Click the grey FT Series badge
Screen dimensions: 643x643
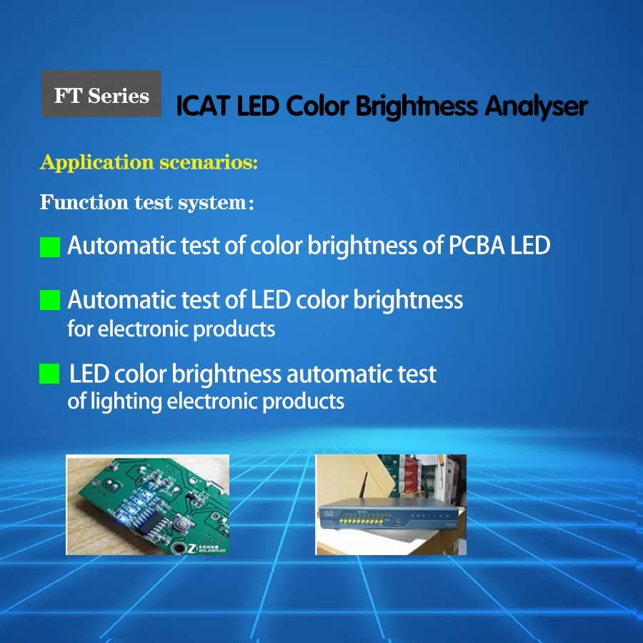coord(101,94)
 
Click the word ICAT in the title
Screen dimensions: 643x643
coord(202,106)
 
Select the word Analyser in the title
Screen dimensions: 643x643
coord(536,106)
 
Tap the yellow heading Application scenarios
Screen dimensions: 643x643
coord(149,162)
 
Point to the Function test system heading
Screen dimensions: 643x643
coord(146,202)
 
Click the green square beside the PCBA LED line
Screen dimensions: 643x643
coord(50,247)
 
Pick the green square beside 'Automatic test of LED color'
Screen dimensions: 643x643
coord(50,300)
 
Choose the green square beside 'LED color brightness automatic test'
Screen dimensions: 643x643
coord(49,374)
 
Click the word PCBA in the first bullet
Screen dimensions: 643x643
coord(477,246)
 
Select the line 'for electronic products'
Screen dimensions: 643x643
coord(171,329)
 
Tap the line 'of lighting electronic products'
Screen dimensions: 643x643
coord(206,401)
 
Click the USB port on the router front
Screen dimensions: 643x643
coord(397,522)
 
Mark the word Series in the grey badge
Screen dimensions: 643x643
coord(119,96)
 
